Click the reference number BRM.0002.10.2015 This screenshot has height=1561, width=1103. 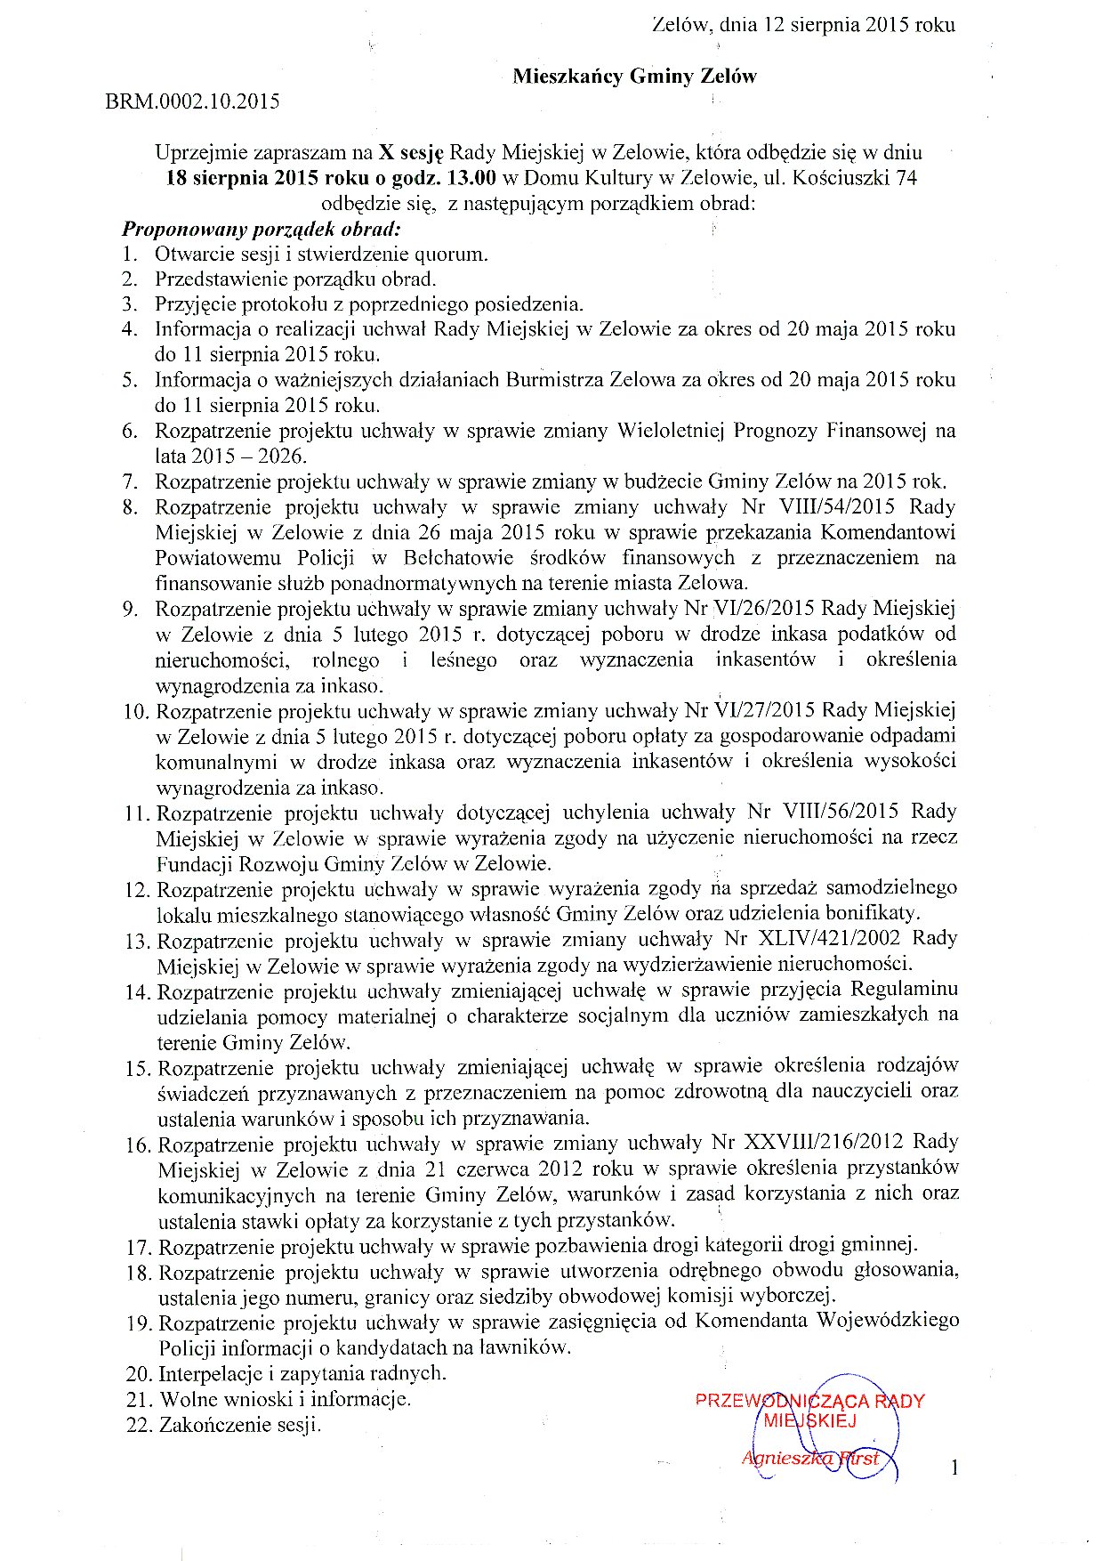click(192, 101)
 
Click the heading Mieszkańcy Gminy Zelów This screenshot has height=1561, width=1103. click(634, 77)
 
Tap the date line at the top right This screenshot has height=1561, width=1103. click(803, 25)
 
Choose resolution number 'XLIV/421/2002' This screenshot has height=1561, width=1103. click(826, 939)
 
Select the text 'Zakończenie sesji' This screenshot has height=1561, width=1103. click(238, 1425)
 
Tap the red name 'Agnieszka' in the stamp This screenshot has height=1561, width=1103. click(777, 1459)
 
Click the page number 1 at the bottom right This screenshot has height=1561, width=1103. click(954, 1468)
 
